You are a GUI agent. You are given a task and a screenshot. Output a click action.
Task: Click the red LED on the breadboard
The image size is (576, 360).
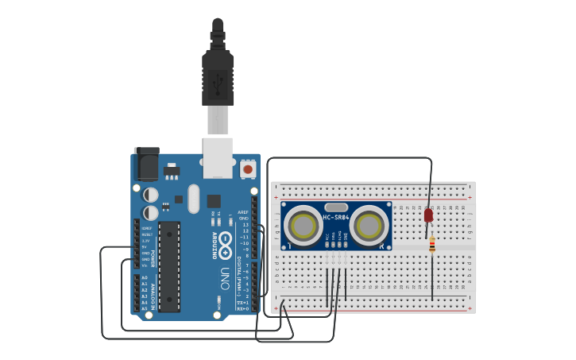[428, 215]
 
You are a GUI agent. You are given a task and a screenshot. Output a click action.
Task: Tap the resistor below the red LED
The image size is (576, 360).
[431, 246]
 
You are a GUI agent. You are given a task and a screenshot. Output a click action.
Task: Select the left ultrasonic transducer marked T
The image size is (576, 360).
[304, 226]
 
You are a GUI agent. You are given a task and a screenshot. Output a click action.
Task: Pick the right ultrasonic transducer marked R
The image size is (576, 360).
[369, 226]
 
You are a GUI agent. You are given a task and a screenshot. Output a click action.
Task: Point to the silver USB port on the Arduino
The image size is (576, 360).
[218, 157]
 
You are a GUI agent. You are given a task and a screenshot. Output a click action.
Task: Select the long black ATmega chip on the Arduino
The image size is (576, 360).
[169, 266]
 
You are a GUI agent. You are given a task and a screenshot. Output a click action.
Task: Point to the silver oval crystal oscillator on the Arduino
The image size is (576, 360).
[194, 199]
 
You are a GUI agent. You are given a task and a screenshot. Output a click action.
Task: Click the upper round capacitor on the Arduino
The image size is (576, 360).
[150, 195]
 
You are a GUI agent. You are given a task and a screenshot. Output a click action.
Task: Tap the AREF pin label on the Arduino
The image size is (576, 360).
[243, 213]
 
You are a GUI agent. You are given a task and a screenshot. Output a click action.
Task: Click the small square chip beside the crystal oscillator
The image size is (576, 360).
[214, 200]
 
